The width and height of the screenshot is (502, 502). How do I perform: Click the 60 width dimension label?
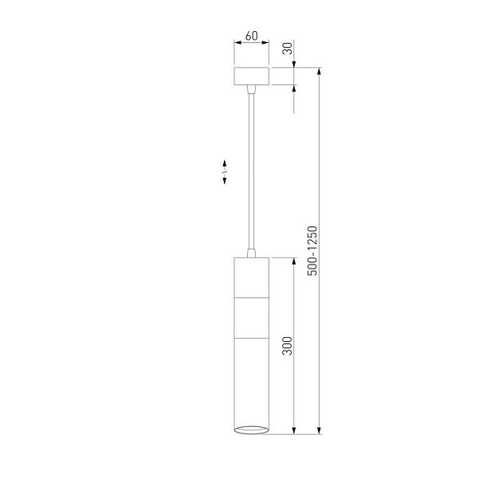251,36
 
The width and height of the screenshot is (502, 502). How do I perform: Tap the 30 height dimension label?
288,49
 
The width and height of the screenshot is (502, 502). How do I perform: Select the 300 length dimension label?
288,346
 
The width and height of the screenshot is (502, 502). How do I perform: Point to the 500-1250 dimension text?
312,251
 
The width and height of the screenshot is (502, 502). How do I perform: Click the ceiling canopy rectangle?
251,76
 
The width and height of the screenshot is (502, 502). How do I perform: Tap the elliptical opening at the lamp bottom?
251,430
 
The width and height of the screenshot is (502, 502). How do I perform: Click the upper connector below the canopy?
251,89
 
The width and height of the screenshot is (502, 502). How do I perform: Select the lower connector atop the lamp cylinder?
251,253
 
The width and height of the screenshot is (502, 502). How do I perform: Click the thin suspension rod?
251,171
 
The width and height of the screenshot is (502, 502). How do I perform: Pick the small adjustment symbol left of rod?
225,172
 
